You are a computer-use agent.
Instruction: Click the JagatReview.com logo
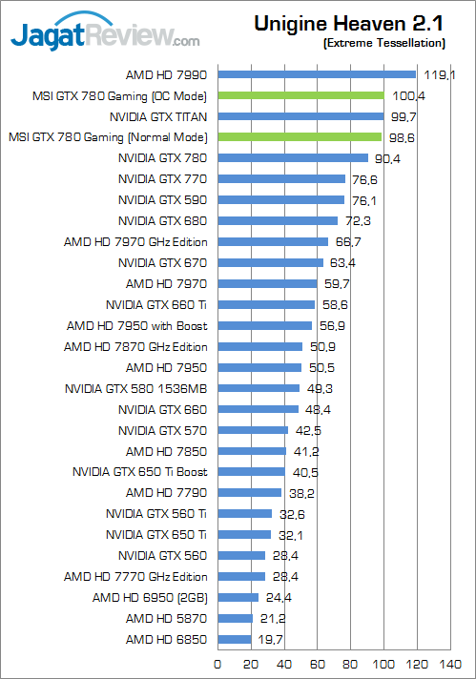click(x=105, y=38)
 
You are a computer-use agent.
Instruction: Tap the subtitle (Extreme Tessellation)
click(x=384, y=44)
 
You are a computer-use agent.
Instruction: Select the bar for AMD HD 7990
click(x=317, y=74)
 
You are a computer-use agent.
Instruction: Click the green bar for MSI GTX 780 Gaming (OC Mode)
click(x=301, y=95)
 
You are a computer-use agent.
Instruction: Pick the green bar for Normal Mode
click(x=300, y=137)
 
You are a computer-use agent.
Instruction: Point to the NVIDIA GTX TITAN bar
click(x=300, y=116)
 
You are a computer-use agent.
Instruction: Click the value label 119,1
click(x=439, y=74)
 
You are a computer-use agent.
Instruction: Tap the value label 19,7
click(x=270, y=640)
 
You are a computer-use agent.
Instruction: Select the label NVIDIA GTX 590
click(x=162, y=200)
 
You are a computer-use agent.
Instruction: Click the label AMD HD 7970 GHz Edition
click(x=135, y=242)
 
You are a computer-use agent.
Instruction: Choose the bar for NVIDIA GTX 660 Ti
click(x=266, y=305)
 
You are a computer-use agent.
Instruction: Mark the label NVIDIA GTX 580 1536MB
click(x=136, y=388)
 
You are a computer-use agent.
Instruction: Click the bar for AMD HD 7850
click(x=252, y=451)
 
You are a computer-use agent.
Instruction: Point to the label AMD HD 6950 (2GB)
click(x=150, y=598)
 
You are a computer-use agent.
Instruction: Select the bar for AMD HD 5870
click(x=236, y=619)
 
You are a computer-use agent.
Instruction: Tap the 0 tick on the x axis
click(x=218, y=664)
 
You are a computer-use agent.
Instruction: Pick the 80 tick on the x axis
click(x=351, y=664)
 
